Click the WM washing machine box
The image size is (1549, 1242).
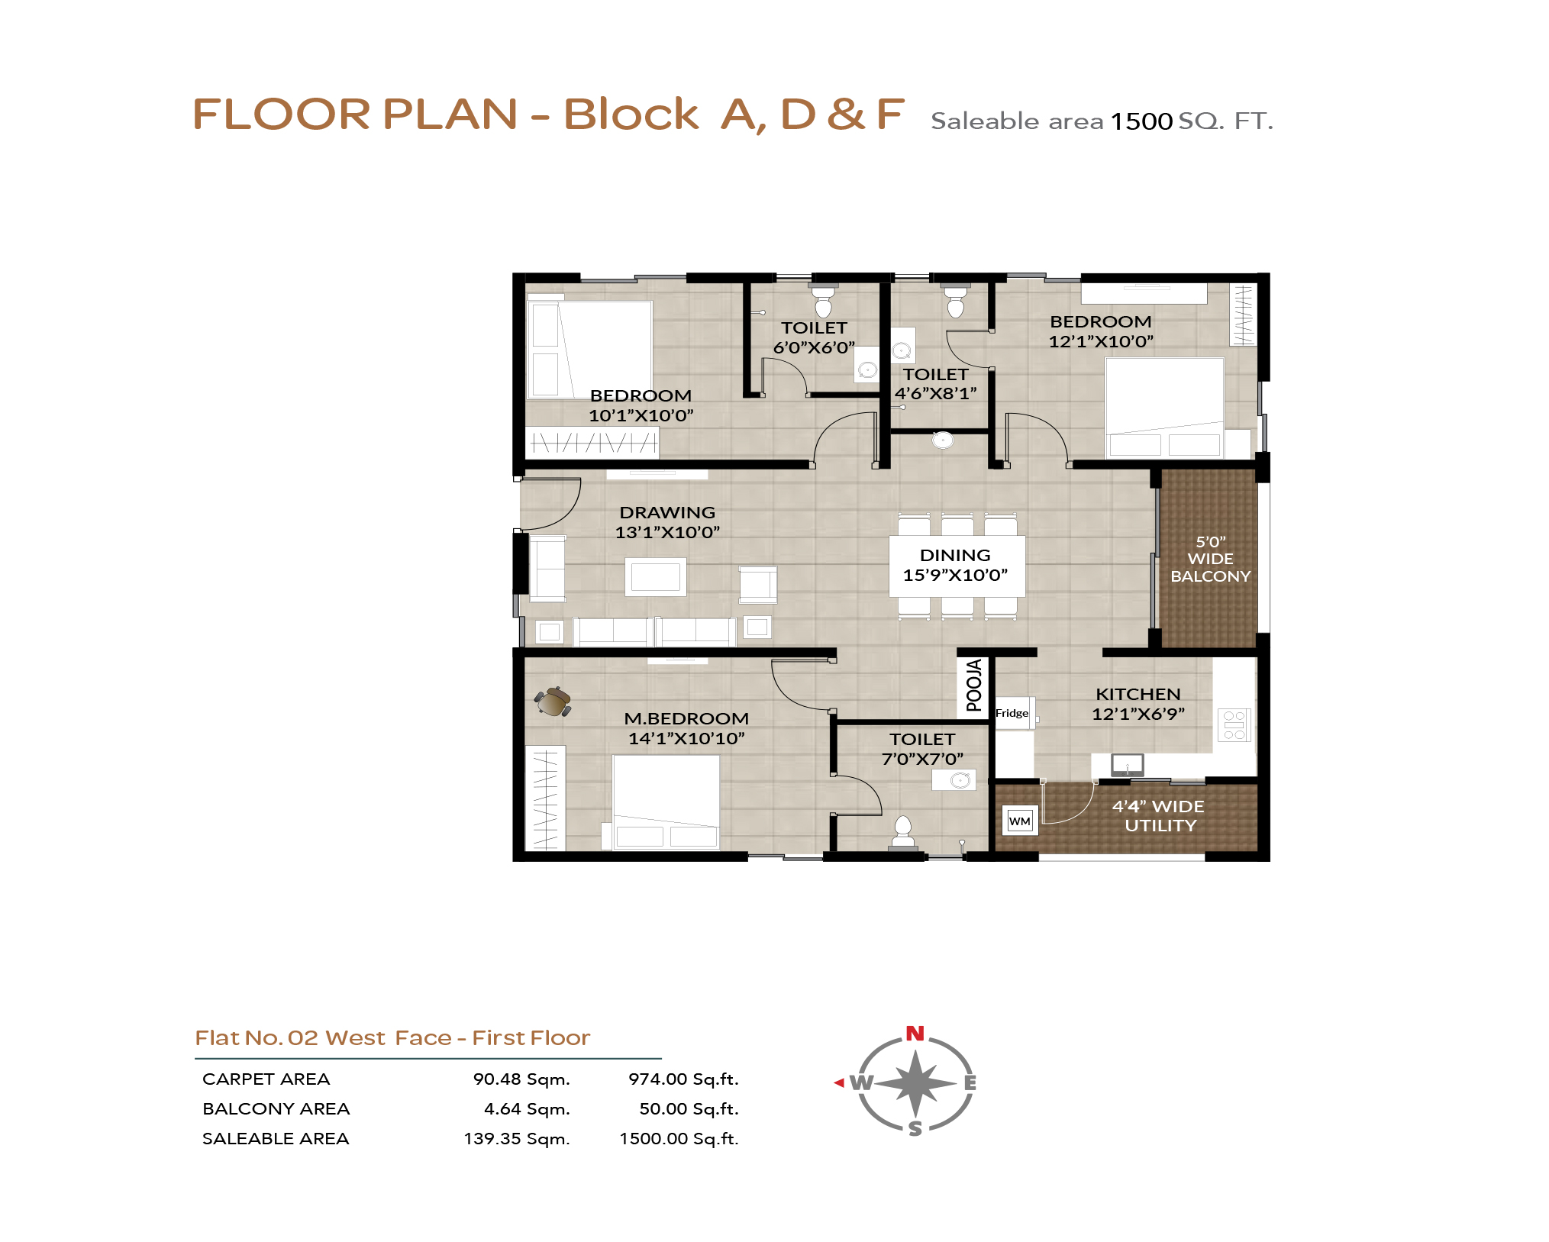(1019, 821)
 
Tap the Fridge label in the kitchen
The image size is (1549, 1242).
(1012, 713)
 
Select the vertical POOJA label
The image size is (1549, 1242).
(973, 686)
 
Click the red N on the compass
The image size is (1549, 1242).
(915, 1034)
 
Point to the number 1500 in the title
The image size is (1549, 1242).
(1141, 121)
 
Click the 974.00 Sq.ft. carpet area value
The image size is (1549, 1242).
(683, 1079)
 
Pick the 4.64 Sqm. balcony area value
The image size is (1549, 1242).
(527, 1109)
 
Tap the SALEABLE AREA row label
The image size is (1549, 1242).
(276, 1139)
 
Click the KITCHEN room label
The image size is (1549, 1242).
(1138, 694)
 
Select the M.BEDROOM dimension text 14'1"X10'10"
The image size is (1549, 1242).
(686, 738)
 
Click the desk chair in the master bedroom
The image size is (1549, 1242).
(553, 701)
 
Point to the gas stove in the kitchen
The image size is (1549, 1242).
(1234, 725)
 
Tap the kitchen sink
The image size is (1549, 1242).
(1127, 764)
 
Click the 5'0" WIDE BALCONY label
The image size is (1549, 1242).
(1210, 559)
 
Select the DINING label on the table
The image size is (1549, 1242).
(955, 555)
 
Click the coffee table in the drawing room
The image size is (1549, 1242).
(655, 576)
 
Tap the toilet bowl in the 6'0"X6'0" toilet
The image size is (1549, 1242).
(823, 302)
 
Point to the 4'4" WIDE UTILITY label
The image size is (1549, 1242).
(1159, 816)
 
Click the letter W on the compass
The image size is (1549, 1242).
(861, 1082)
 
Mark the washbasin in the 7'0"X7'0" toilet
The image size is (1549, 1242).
(954, 779)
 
